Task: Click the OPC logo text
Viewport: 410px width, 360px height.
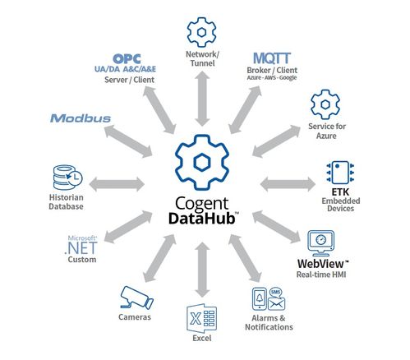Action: click(127, 58)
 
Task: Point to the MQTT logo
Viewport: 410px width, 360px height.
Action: click(272, 58)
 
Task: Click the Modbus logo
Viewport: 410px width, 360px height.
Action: click(81, 118)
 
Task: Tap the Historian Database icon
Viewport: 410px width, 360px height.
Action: click(67, 178)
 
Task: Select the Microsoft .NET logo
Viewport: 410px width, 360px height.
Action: click(81, 245)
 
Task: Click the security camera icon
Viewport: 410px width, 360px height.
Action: click(136, 298)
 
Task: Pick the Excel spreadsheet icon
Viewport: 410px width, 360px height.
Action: click(202, 318)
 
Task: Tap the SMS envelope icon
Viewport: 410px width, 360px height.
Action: click(276, 303)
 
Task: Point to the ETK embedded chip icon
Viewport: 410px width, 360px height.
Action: click(340, 173)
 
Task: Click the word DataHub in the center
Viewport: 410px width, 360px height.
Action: click(202, 219)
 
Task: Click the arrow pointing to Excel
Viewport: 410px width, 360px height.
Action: click(202, 270)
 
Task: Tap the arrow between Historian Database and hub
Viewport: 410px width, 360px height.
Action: click(117, 184)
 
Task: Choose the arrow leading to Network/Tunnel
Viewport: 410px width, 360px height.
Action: click(202, 99)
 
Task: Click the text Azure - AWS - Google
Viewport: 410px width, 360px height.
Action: click(272, 78)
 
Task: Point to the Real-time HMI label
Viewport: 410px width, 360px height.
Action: click(321, 275)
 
